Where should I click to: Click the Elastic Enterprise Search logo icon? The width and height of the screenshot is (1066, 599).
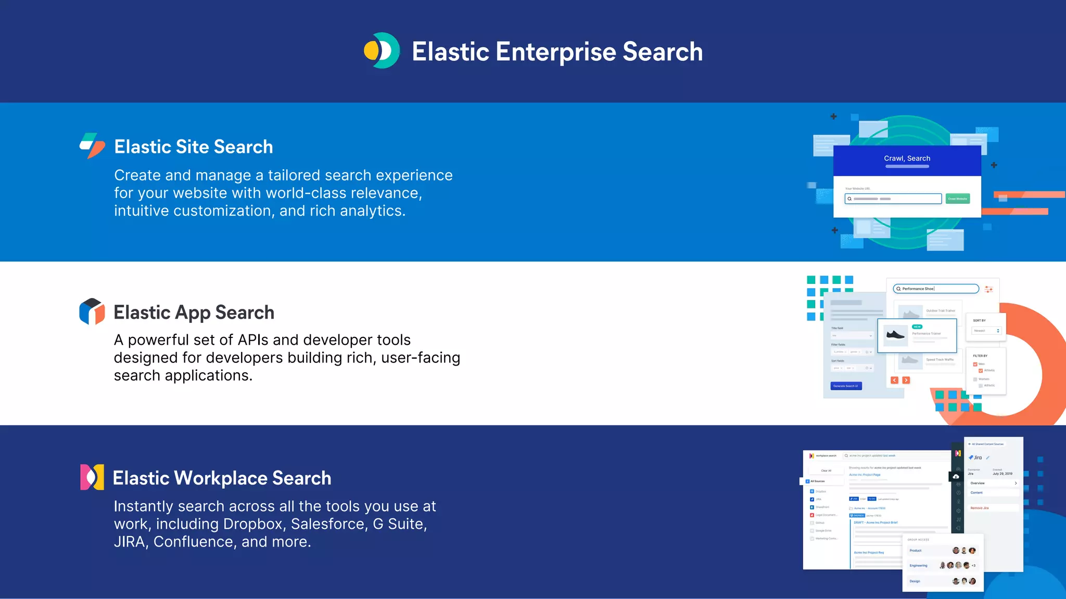[x=382, y=51]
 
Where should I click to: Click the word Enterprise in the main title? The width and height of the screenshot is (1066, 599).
[x=556, y=52]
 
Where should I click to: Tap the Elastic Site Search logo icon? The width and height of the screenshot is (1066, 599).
[x=93, y=146]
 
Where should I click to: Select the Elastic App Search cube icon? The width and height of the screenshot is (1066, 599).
[x=92, y=311]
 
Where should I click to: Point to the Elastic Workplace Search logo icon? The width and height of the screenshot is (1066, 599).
[x=92, y=477]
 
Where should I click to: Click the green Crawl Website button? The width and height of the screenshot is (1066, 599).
[x=957, y=199]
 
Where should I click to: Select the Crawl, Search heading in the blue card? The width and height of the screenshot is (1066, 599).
[x=907, y=159]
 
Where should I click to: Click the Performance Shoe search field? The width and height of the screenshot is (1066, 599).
[x=936, y=289]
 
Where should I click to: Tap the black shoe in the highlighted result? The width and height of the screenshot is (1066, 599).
[x=895, y=335]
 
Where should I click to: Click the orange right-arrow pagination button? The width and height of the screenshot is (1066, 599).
[x=906, y=380]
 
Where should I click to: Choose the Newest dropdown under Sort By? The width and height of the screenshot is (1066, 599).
[x=986, y=331]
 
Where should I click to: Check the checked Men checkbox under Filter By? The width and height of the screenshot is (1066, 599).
[x=975, y=364]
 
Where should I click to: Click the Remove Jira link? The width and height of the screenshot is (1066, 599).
[x=979, y=508]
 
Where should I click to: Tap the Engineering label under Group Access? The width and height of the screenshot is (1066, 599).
[x=918, y=566]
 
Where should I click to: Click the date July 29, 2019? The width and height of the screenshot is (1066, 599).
[x=1002, y=474]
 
